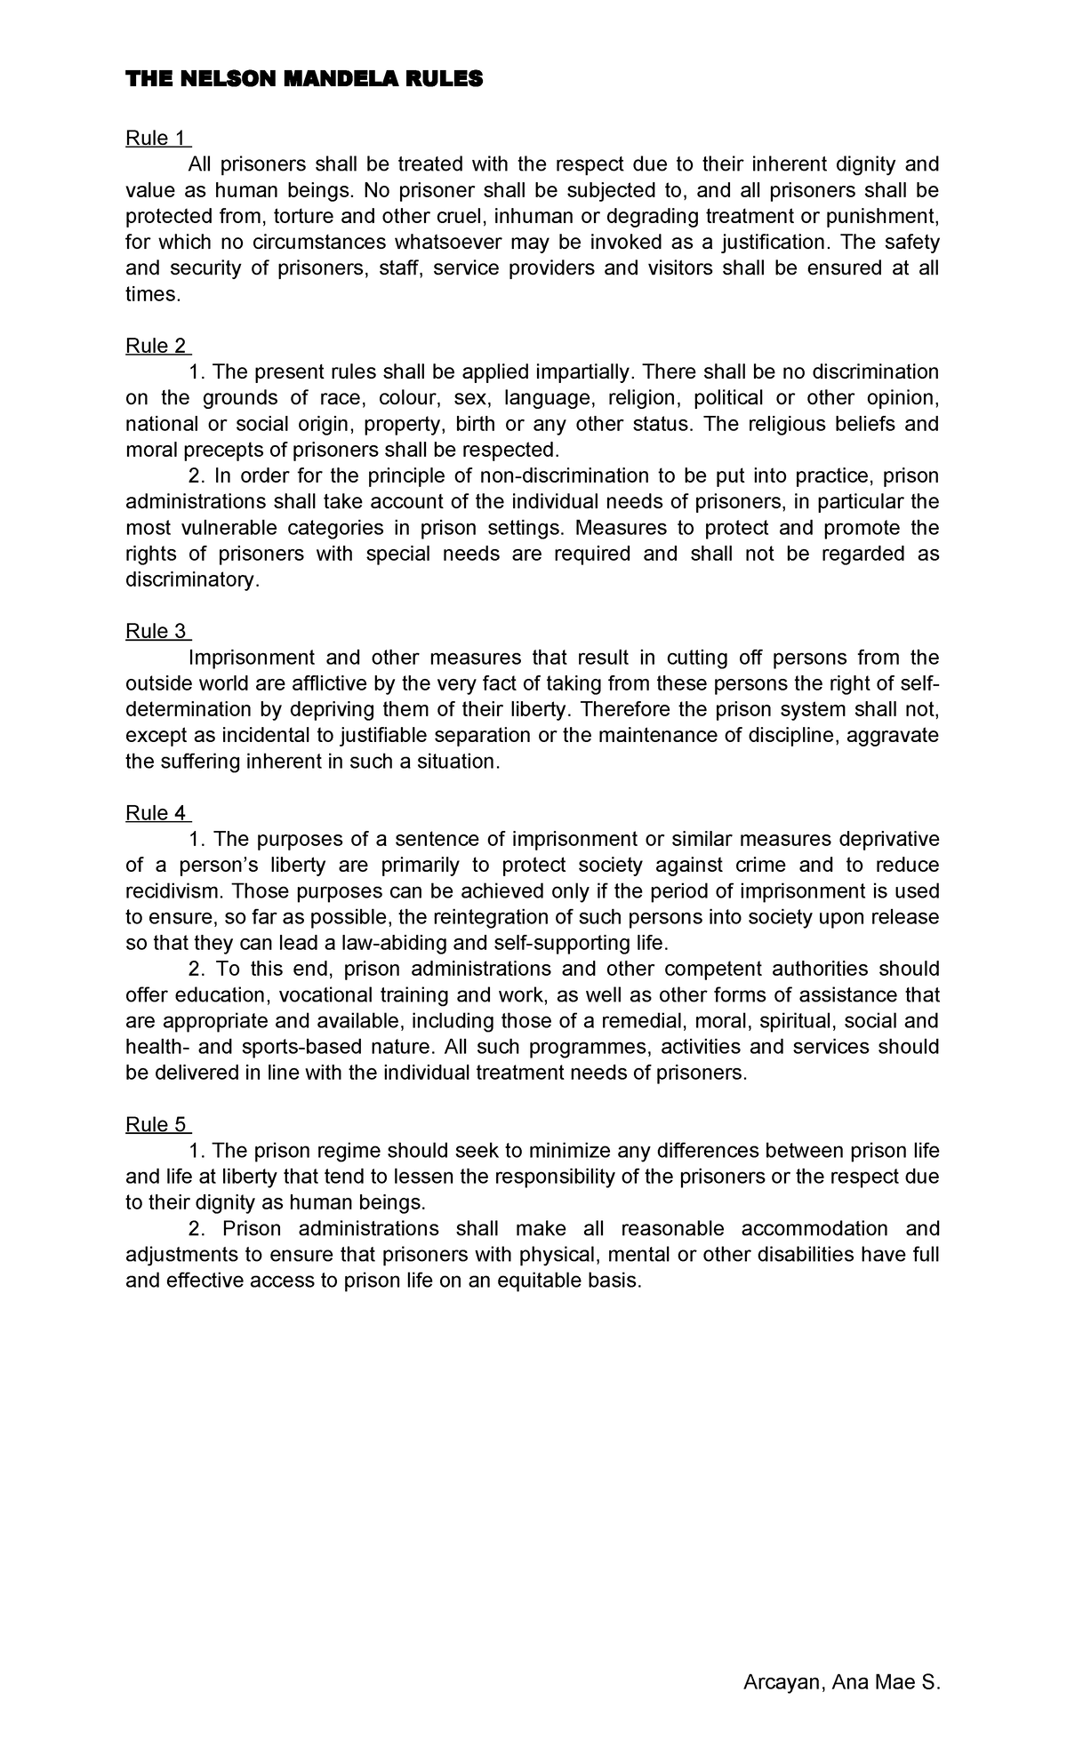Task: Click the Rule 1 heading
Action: pos(157,138)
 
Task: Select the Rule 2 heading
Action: pos(157,346)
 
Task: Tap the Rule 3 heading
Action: pos(157,631)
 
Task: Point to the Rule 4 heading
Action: pos(157,813)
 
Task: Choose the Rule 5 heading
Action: pos(157,1124)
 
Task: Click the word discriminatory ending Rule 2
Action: pos(192,579)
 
